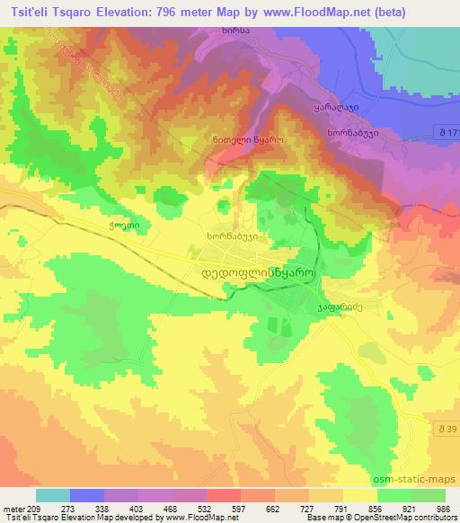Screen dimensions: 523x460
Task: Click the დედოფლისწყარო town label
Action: point(255,270)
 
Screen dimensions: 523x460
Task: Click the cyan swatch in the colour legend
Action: point(53,495)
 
